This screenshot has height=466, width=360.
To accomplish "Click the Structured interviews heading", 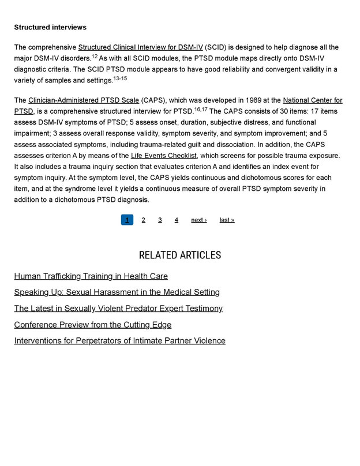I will tap(50, 27).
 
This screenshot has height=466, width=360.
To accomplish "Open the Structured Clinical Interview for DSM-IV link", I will tap(140, 47).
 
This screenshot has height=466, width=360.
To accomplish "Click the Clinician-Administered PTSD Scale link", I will tap(84, 100).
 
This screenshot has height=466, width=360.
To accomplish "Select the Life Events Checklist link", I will tap(164, 156).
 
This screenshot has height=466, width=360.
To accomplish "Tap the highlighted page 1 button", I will tap(127, 220).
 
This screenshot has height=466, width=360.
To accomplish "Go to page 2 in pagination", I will tap(144, 220).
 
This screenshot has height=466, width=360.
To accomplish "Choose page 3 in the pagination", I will tap(160, 220).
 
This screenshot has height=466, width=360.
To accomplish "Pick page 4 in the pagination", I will tap(177, 220).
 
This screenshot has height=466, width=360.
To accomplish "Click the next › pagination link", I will tap(199, 220).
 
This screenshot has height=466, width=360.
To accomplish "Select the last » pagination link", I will tap(227, 220).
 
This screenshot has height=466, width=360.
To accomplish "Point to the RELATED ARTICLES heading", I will tap(180, 255).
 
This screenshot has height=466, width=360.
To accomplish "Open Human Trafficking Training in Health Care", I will tap(91, 276).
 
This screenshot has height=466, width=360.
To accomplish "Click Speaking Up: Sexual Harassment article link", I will tap(117, 292).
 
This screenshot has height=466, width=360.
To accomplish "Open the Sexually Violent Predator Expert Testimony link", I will tap(118, 309).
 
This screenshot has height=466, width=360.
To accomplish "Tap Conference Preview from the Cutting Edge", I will tap(92, 325).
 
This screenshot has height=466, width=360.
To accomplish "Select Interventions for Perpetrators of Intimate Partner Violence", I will tap(119, 341).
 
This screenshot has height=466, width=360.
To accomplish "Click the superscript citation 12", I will tap(95, 56).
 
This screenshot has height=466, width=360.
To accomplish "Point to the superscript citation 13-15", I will tap(120, 78).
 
